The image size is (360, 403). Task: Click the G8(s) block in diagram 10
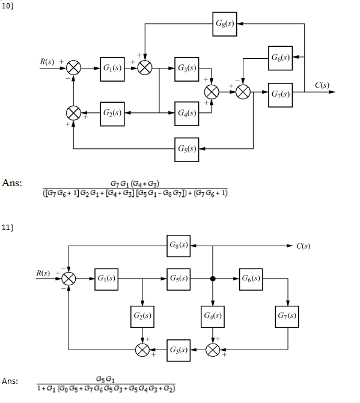(x=225, y=23)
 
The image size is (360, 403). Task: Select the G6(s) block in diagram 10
(x=281, y=58)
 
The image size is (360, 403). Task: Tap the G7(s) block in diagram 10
(x=281, y=94)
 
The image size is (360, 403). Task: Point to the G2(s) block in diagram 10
(x=112, y=113)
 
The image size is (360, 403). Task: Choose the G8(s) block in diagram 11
(x=178, y=246)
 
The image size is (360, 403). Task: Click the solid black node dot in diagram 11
(x=212, y=279)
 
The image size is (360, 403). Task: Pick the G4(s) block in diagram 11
(x=212, y=315)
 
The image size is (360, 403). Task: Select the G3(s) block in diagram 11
(x=178, y=350)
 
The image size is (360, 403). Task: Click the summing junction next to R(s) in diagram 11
(x=70, y=279)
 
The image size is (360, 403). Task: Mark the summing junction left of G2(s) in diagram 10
(x=74, y=113)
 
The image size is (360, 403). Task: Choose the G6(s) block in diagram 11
(x=250, y=279)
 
